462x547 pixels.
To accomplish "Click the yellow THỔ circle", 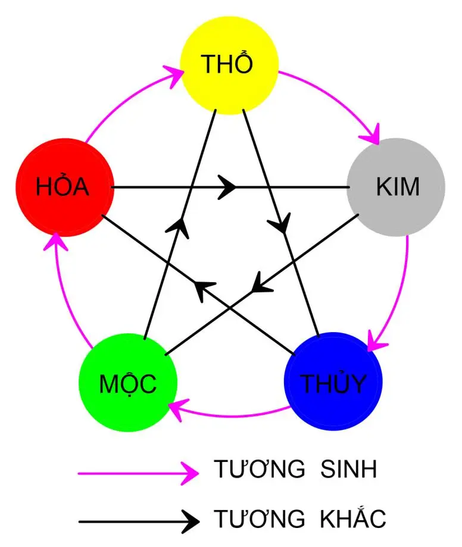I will [229, 64].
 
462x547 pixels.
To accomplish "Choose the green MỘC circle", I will [128, 383].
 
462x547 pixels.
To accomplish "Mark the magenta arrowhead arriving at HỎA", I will [55, 241].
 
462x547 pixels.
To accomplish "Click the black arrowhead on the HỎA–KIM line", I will [227, 187].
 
